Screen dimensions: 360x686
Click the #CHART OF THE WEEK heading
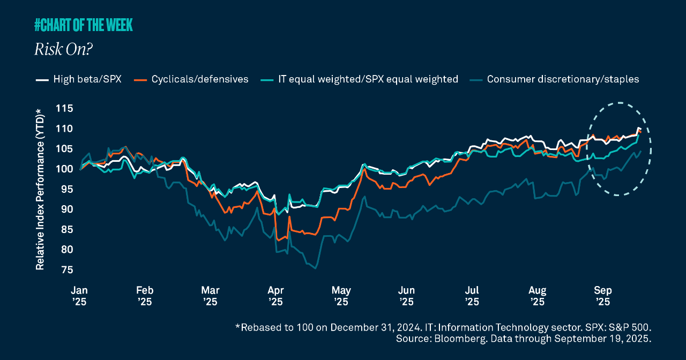point(83,25)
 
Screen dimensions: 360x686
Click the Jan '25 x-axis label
point(79,296)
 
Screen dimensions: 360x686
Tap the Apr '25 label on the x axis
point(275,296)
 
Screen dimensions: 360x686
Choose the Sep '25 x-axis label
point(603,296)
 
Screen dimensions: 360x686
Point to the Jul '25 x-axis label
point(472,296)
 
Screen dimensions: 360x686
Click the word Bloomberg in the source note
point(449,339)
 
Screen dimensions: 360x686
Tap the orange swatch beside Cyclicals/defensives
point(141,80)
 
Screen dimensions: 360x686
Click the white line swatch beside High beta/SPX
point(42,80)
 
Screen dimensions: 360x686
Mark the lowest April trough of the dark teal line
point(315,268)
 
